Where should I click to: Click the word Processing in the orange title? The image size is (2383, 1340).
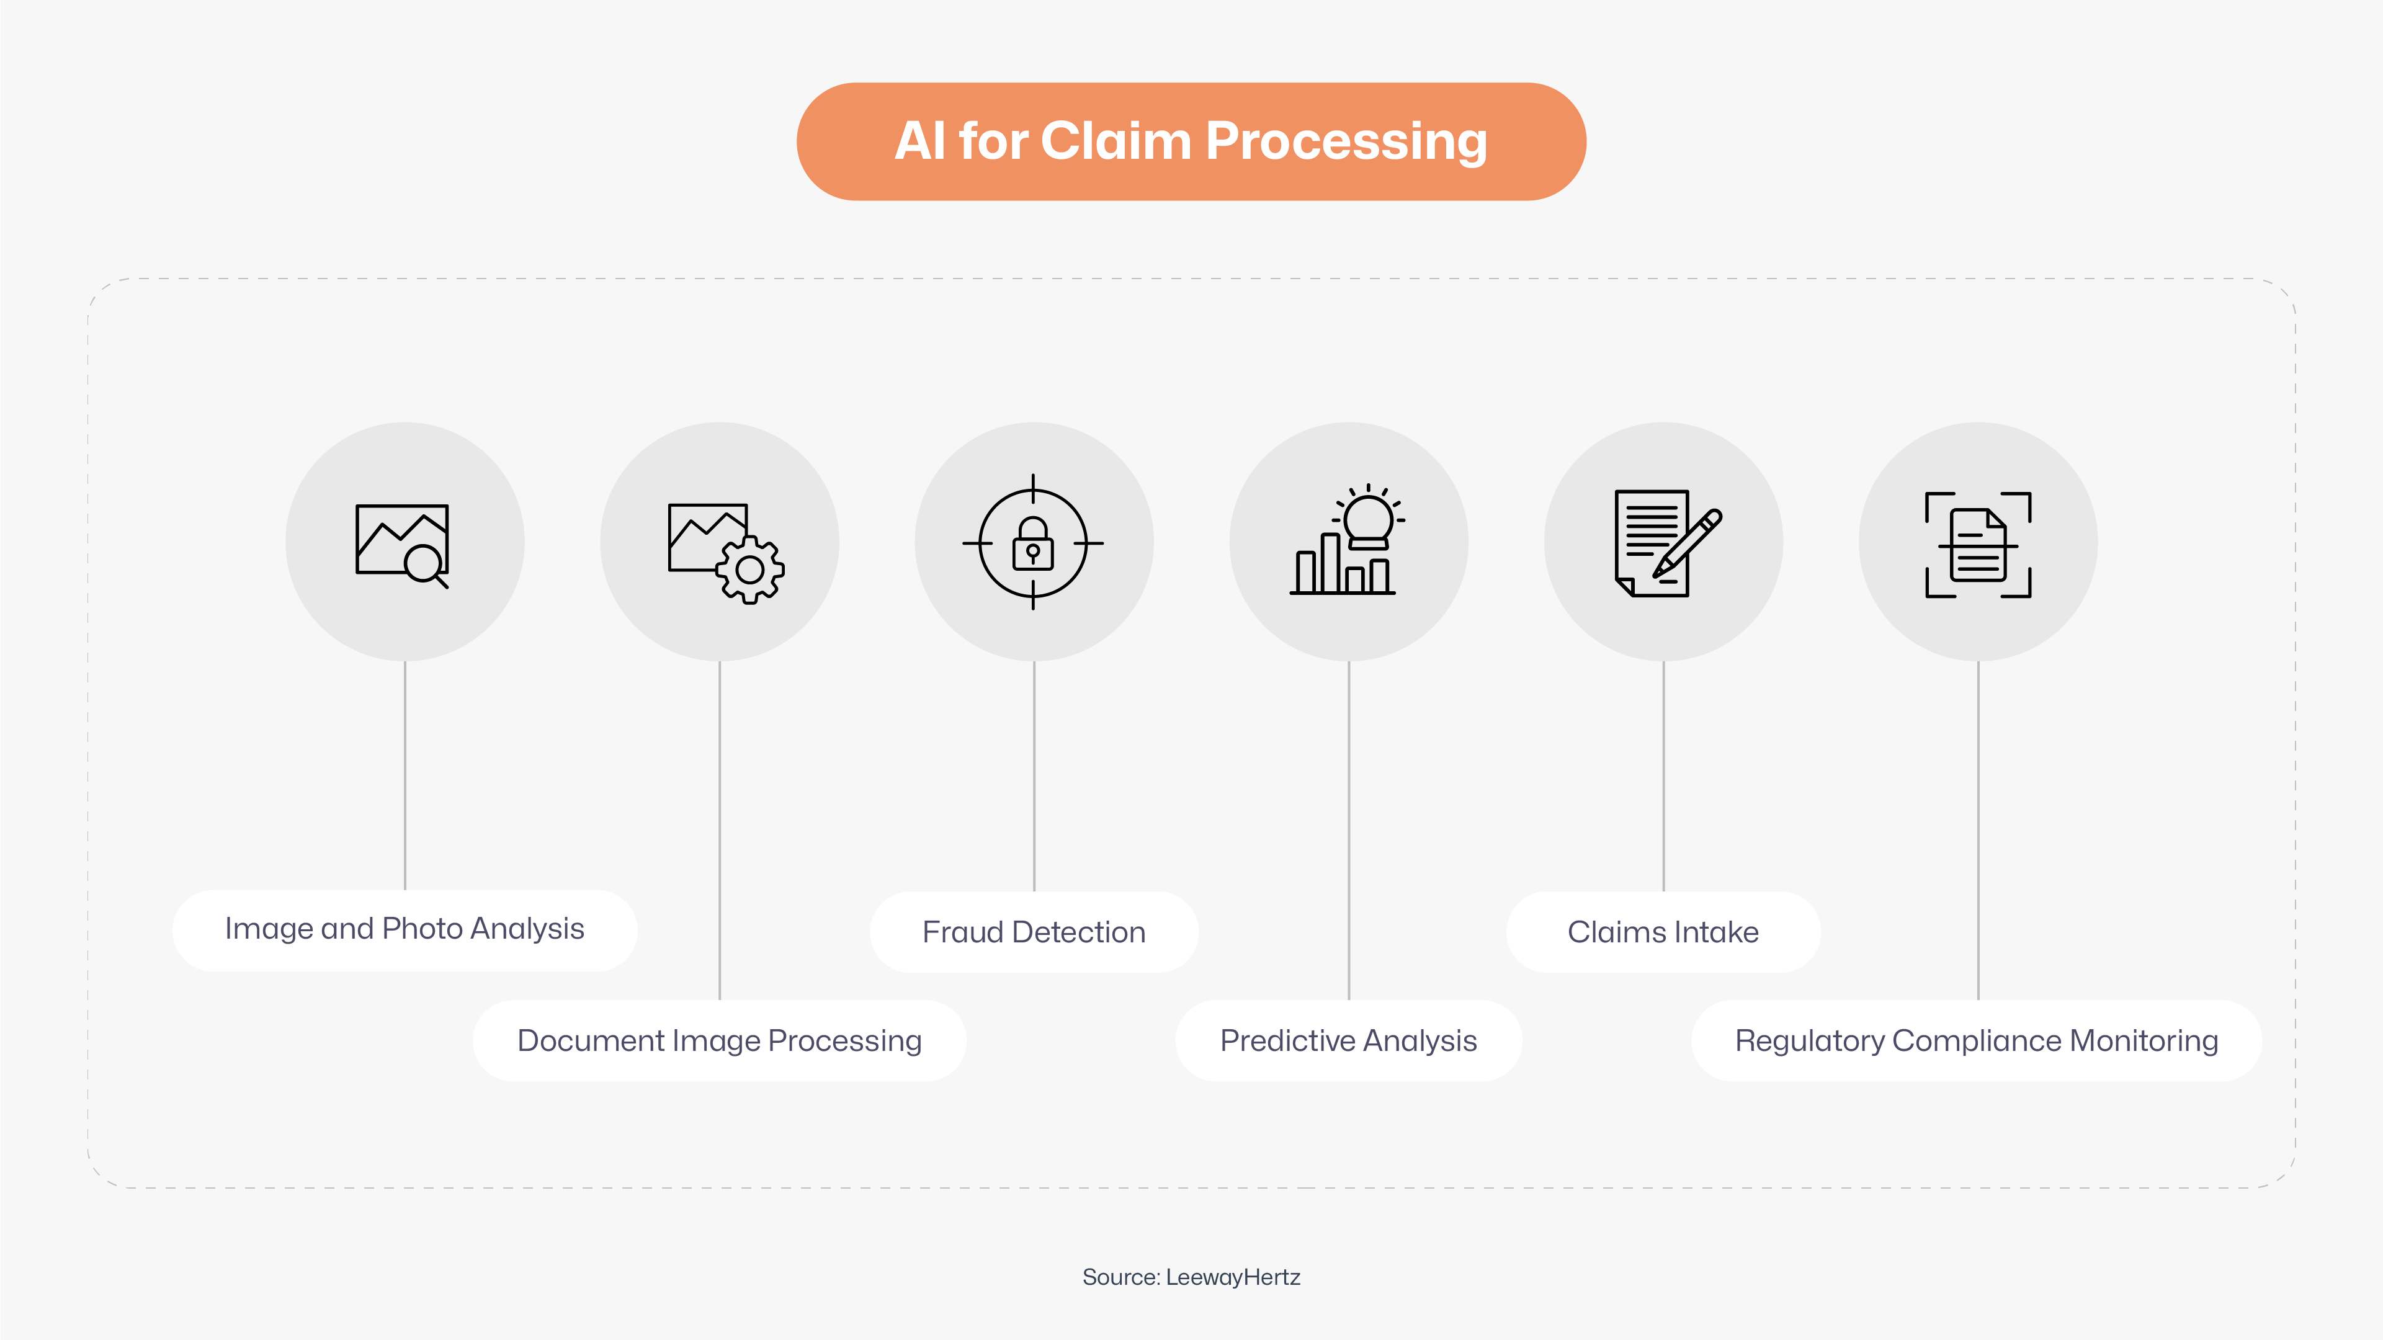1346,141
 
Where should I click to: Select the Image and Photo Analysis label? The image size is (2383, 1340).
405,929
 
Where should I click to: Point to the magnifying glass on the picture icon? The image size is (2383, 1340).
424,564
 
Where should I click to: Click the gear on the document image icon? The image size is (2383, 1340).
750,569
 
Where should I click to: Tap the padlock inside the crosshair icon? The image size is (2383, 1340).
1034,546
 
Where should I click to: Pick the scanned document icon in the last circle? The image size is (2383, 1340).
1978,546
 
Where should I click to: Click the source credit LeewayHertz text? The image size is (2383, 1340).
1232,1277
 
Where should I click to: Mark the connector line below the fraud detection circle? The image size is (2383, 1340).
1034,777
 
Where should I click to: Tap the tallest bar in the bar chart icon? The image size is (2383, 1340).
1330,563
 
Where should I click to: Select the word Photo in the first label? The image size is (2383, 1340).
422,929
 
